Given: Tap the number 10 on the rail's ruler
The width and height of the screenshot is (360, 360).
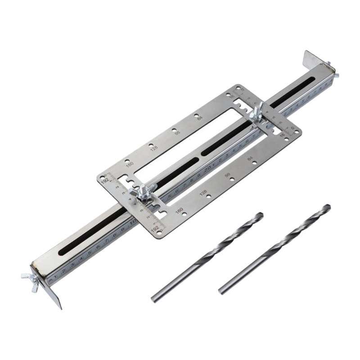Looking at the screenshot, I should (x=133, y=222).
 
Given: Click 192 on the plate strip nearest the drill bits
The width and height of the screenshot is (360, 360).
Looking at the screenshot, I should (x=155, y=230).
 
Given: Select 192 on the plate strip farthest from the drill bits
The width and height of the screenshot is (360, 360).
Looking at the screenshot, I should (x=104, y=181).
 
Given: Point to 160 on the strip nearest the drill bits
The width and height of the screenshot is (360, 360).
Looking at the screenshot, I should (x=179, y=211).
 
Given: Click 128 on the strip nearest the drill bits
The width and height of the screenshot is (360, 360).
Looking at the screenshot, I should (x=203, y=193).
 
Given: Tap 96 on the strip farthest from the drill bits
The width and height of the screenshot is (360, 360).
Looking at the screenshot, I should (x=177, y=133).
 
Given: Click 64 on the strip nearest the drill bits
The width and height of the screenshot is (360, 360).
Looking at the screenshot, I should (x=251, y=159).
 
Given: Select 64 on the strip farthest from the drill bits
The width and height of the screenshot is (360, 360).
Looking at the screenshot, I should (x=199, y=118).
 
